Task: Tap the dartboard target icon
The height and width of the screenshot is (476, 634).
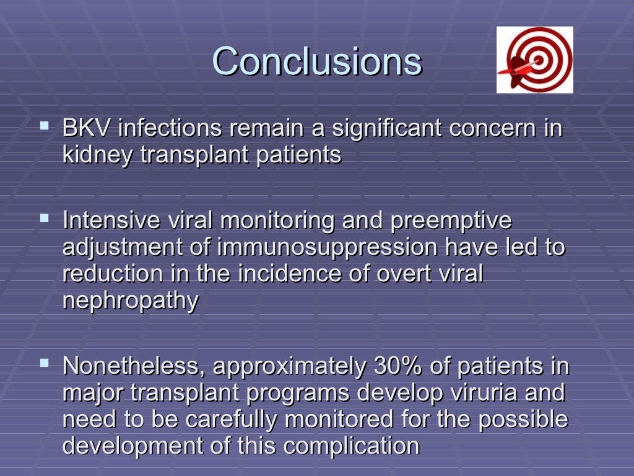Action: pos(535,60)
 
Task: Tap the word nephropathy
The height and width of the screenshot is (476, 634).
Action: pos(131,301)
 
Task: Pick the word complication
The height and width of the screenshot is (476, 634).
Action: pos(356,446)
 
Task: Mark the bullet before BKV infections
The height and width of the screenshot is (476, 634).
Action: pos(44,126)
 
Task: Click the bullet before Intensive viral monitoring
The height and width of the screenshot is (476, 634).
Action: pos(44,218)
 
